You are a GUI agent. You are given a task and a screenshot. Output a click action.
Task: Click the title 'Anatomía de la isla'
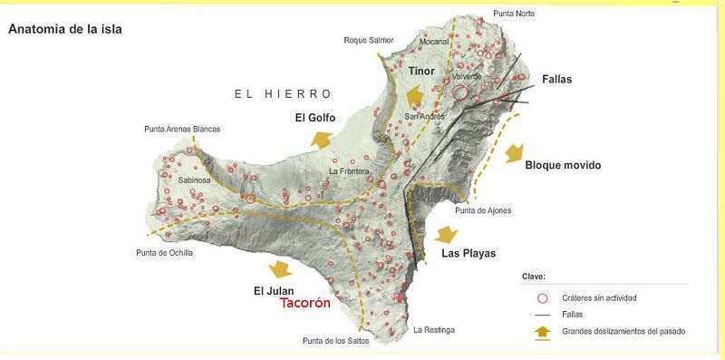[x=64, y=29]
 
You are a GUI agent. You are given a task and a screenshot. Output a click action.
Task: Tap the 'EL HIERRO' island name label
[x=283, y=94]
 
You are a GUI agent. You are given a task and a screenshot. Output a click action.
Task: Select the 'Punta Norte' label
[x=514, y=14]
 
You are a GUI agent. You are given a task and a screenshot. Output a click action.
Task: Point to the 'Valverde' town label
[x=468, y=77]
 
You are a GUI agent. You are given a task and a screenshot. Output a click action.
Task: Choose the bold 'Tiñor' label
[x=421, y=72]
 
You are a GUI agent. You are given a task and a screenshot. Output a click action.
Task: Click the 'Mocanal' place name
[x=436, y=42]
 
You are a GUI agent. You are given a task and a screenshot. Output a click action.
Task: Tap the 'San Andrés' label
[x=424, y=117]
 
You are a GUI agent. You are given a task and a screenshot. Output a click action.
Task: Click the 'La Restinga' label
[x=433, y=329]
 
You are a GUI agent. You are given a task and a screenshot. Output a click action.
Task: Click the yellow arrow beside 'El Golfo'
[x=321, y=139]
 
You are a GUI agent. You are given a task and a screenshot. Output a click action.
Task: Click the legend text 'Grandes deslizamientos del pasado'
[x=623, y=332]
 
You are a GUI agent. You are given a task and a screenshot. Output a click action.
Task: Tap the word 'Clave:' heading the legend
[x=534, y=276]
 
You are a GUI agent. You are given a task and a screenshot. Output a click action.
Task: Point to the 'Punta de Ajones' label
[x=483, y=210]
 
